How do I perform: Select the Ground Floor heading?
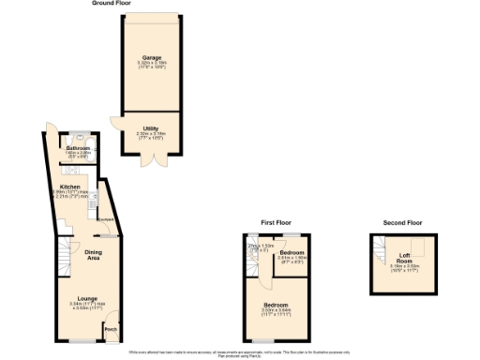point(111,4)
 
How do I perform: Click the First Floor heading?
point(277,223)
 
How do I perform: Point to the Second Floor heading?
point(403,223)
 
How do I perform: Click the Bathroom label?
point(78,149)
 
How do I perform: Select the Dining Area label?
point(94,253)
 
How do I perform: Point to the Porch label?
point(111,330)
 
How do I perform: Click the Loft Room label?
point(404,257)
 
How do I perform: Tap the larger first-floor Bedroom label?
point(276,306)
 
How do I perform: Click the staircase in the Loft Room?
point(380,248)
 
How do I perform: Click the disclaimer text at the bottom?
point(240,352)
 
